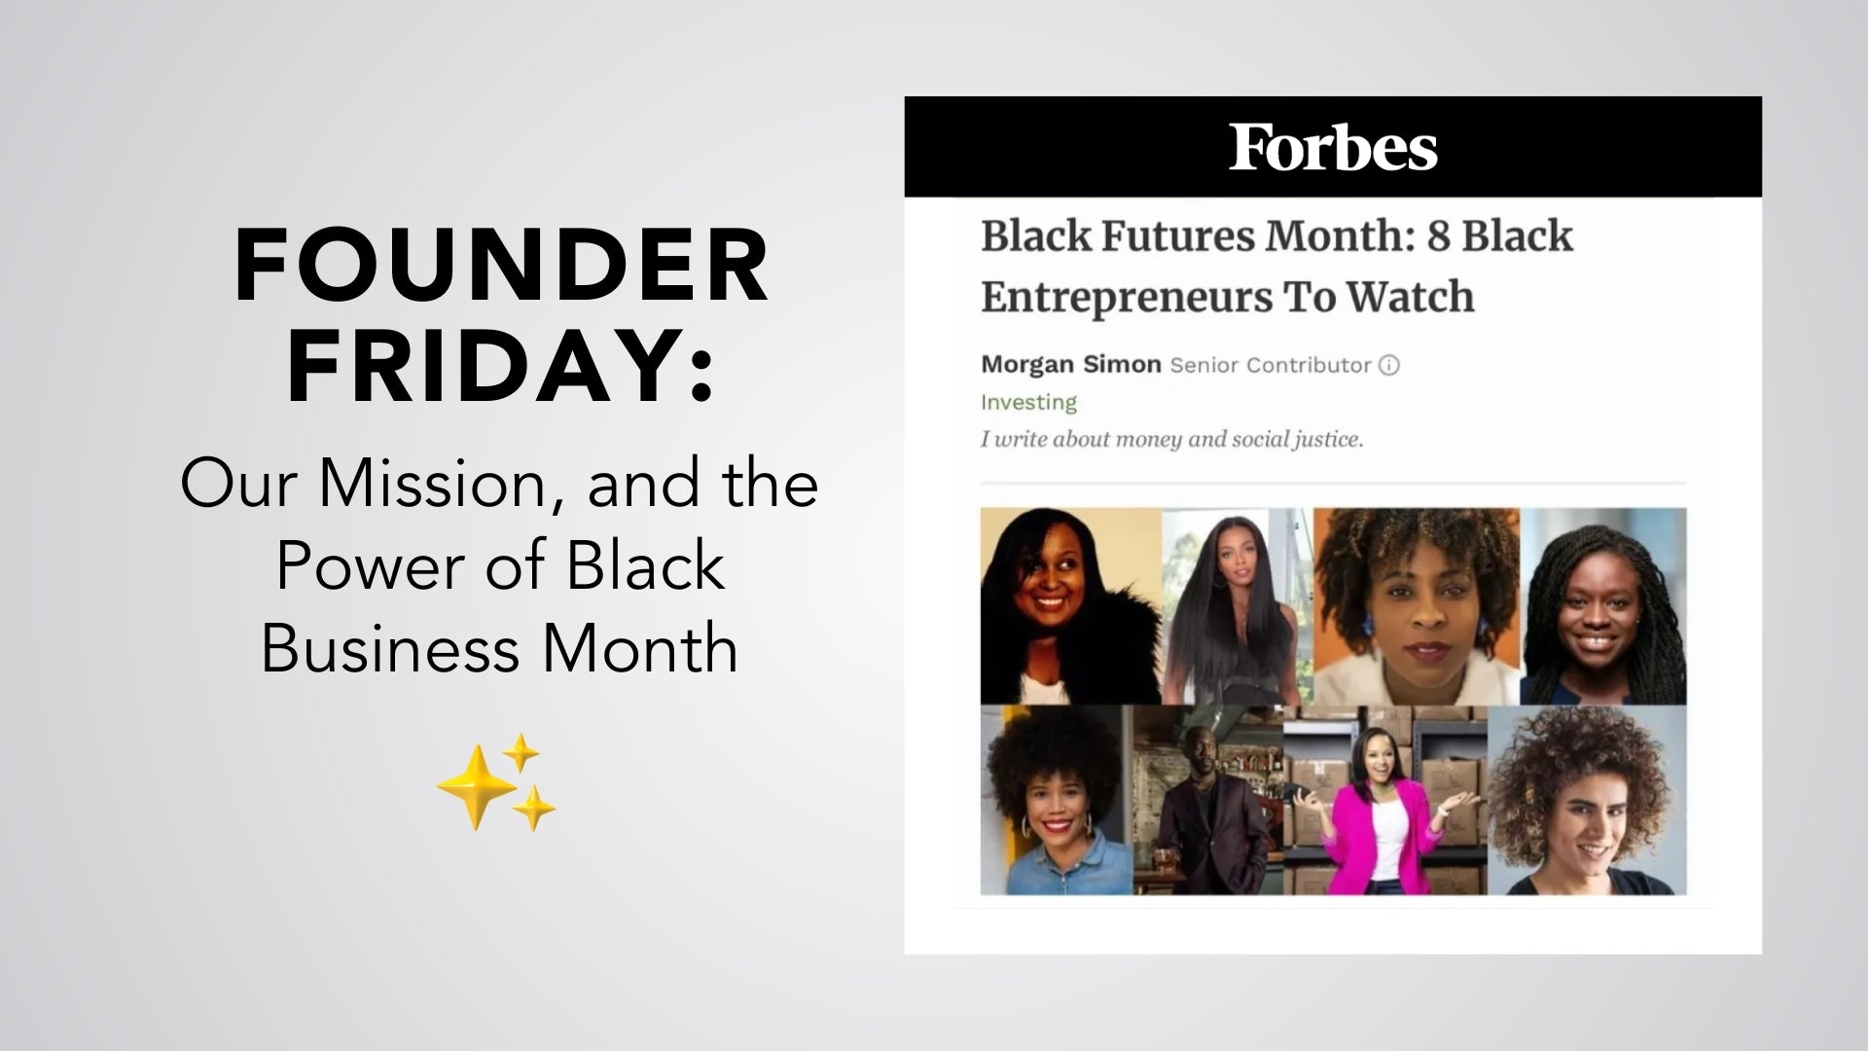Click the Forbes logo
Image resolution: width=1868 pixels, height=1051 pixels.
pos(1333,148)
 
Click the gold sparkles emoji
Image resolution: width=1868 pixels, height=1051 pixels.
pos(497,783)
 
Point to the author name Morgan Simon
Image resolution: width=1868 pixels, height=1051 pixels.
pos(1070,365)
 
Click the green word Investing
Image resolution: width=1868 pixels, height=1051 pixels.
pos(1028,402)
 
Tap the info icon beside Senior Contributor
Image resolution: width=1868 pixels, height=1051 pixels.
pos(1390,366)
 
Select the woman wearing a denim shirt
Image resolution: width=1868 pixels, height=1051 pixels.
pos(1055,808)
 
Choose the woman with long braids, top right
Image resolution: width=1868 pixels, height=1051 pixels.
pos(1602,608)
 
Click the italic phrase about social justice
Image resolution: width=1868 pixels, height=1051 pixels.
pos(1171,440)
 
